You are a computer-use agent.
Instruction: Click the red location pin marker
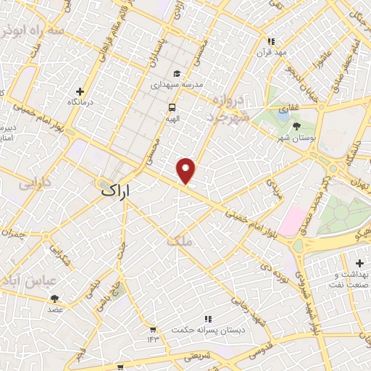coord(186,171)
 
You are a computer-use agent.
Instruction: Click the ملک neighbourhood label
coord(180,242)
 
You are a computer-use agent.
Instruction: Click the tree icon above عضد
coord(55,298)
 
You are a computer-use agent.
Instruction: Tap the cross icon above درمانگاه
coord(80,92)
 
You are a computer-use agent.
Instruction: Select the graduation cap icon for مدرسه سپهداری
coord(177,74)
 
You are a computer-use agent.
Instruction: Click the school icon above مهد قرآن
coord(271,42)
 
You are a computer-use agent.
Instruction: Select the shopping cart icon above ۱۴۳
coord(153,329)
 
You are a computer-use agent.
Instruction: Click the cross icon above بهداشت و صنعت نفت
coord(360,262)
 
